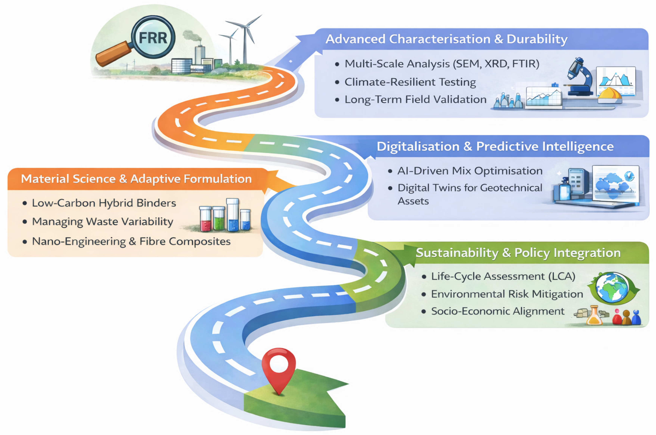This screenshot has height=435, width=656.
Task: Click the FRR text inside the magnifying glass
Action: (x=153, y=38)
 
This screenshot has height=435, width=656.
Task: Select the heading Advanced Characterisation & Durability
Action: (x=446, y=39)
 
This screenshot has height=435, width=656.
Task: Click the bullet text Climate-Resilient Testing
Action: (x=410, y=82)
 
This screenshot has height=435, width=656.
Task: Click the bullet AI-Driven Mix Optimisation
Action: (x=470, y=171)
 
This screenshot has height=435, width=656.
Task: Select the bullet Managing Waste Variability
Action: (x=103, y=222)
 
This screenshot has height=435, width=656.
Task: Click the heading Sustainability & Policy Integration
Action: (x=518, y=253)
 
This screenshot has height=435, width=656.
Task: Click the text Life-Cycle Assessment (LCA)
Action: (x=503, y=276)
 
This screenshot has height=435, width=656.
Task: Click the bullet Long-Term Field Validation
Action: (x=415, y=99)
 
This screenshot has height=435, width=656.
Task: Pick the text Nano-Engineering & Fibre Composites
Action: (x=131, y=241)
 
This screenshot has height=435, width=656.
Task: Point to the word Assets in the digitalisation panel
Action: (x=413, y=201)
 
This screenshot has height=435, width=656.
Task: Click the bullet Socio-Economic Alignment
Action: (x=497, y=311)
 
